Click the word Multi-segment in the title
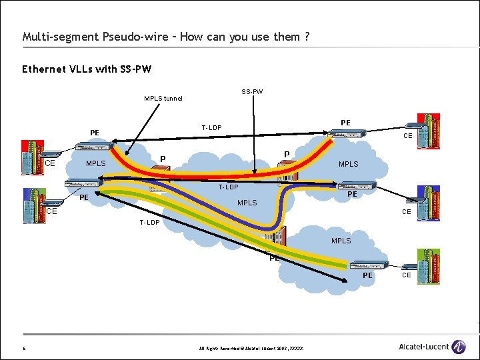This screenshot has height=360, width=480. coord(51,37)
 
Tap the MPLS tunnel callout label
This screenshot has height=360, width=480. coord(163,99)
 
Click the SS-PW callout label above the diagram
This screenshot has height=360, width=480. coord(252,91)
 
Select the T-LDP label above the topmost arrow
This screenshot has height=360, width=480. coord(212,127)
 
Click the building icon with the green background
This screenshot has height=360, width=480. coord(428,263)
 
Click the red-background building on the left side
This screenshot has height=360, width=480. coord(32,156)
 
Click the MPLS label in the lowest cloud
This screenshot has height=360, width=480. coord(341,241)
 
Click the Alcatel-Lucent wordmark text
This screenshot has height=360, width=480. coord(423,347)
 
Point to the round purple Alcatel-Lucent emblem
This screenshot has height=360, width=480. coord(459,347)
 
